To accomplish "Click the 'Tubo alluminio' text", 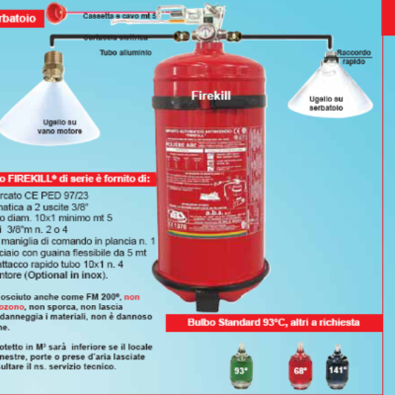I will point(126,52).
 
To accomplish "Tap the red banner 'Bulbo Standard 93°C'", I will point(273,323).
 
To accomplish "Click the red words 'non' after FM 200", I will point(132,298).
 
